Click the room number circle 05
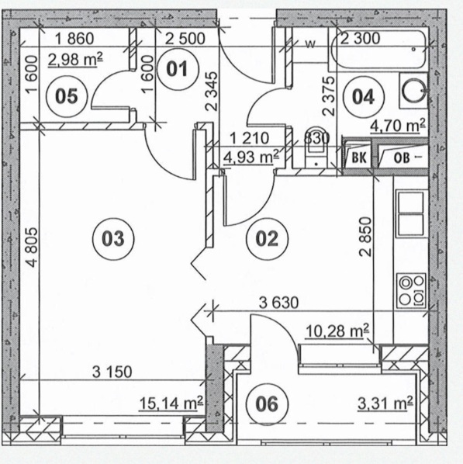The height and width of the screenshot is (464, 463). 67,96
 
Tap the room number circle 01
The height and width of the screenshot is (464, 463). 178,69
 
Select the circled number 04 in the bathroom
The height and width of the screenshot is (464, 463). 364,97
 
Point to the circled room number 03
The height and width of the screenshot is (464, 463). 113,239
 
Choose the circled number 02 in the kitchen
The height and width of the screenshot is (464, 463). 267,239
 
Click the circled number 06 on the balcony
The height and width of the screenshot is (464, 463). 267,404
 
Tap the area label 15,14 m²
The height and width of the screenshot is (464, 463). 171,403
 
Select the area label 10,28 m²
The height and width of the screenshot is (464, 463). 337,331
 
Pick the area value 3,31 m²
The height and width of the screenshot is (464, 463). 385,403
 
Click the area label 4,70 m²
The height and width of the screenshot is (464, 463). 398,126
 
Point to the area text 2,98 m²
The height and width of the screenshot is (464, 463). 75,60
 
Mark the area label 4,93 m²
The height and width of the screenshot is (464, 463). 251,157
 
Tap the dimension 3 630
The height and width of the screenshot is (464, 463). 278,303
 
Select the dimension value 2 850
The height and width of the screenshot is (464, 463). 365,237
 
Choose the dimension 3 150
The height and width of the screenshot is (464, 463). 112,372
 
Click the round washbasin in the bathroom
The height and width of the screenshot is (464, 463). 413,90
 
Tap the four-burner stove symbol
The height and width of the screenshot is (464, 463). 412,291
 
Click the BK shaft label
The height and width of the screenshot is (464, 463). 359,158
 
